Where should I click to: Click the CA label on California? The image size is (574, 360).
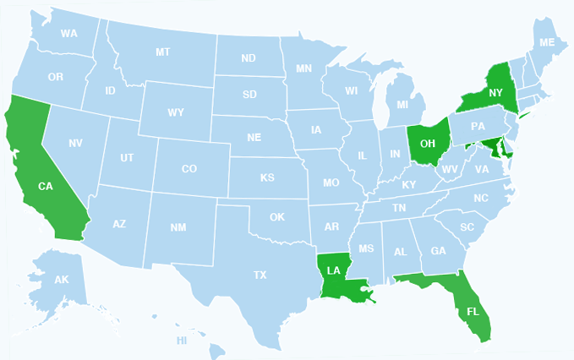pos(46,186)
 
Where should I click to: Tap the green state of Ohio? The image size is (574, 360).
pos(427,145)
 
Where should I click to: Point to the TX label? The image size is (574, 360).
pos(260,275)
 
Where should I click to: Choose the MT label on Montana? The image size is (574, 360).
pos(162,52)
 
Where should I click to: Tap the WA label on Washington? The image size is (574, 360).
pos(69,34)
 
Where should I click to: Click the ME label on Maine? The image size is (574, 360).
pos(547,42)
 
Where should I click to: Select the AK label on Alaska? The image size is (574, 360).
pos(61,280)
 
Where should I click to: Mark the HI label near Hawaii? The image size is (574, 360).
pos(182,341)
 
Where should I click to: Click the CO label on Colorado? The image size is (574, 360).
pos(189,169)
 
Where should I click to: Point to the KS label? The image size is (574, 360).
pos(267,178)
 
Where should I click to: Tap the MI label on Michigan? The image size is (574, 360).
pos(402,105)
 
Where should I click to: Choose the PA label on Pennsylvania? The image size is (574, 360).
pos(478,127)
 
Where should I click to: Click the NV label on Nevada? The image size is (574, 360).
pos(75,144)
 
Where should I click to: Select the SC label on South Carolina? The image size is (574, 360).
pos(467,227)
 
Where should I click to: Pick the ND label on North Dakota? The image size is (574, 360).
pos(249,58)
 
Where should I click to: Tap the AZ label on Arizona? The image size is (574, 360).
pos(119,224)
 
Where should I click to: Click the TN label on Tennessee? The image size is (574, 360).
pos(399,207)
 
